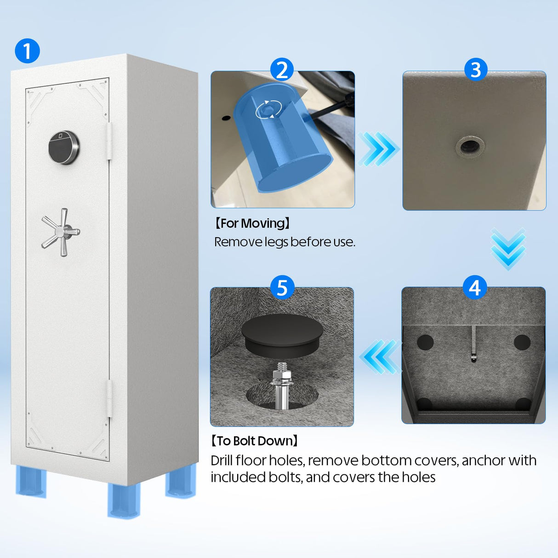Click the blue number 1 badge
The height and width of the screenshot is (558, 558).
pos(27,51)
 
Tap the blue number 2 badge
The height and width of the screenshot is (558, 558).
pos(282,70)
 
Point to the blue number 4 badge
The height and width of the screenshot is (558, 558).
pos(474,287)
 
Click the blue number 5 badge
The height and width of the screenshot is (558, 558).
pos(282,287)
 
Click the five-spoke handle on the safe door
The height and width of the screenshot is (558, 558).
pos(61,232)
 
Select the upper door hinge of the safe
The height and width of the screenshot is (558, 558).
pos(109,141)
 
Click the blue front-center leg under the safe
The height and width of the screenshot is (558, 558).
pos(124,500)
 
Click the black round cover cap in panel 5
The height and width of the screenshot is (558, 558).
pos(282,336)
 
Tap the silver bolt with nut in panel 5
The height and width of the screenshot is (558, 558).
pos(281,386)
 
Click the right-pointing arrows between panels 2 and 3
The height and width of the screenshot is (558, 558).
pos(378,149)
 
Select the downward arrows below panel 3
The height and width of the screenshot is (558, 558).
pos(508,249)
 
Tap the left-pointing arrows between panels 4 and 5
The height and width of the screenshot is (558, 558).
pos(380,357)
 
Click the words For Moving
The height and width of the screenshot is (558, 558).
pos(252,223)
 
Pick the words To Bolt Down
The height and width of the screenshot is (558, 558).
pos(255,441)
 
